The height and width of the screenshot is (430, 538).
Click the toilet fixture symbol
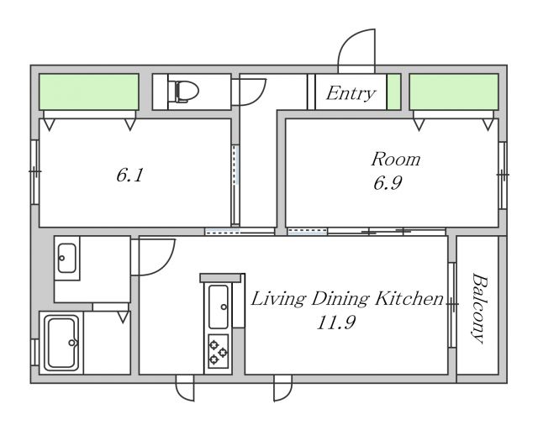pos(183,92)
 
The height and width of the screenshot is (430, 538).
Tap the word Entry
pos(351,93)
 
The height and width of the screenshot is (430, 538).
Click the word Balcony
pos(478,308)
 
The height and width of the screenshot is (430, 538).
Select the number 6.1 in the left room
pos(129,176)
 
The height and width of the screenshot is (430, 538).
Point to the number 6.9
pos(388,183)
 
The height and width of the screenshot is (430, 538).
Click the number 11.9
pos(336,322)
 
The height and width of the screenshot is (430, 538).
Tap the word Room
pos(396,160)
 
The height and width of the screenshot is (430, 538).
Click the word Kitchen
pos(409,298)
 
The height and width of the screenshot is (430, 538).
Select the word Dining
pos(340,299)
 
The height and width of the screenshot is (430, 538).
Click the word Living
pos(278,299)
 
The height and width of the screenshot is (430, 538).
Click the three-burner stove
pos(219,352)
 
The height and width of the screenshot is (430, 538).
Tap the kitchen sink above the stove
pos(219,307)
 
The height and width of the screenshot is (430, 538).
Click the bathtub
pos(61,343)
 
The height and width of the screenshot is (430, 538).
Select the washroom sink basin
pos(67,258)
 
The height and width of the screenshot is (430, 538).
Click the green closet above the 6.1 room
pos(89,92)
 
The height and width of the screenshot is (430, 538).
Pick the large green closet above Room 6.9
pos(454,92)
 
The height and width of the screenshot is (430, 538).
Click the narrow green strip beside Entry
pos(394,92)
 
